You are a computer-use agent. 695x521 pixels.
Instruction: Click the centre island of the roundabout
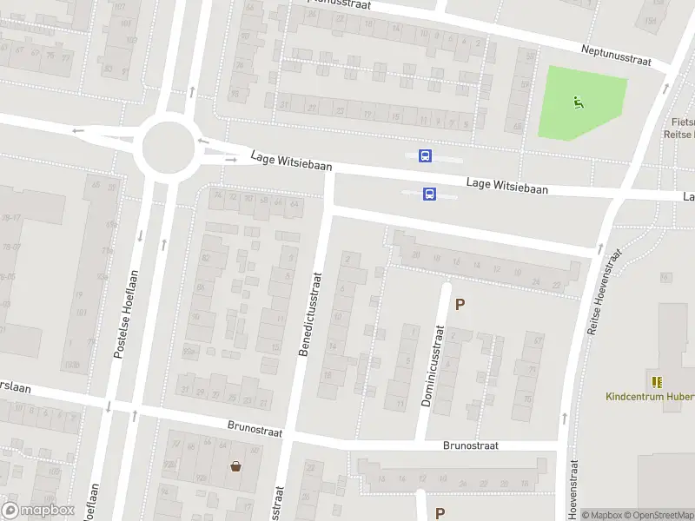(x=166, y=148)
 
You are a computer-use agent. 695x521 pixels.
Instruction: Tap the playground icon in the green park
(x=579, y=102)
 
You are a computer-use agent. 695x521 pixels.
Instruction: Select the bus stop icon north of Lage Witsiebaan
(x=426, y=155)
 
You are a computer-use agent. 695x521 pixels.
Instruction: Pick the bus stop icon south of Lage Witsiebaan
(x=429, y=195)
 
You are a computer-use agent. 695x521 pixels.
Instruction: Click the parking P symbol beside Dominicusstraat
(x=460, y=305)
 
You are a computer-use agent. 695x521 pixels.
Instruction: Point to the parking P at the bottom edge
(x=440, y=513)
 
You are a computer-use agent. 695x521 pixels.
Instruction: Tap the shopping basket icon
(x=235, y=465)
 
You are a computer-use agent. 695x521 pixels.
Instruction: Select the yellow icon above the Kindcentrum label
(x=656, y=381)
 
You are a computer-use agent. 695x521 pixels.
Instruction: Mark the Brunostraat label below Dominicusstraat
(x=470, y=445)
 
